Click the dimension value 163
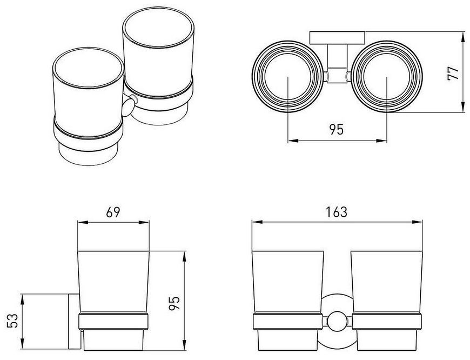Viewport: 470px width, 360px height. click(337, 212)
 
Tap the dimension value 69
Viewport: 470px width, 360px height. click(113, 212)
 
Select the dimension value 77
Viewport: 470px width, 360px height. click(453, 73)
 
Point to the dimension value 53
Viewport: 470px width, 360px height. click(12, 321)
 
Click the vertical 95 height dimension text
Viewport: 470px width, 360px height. click(174, 303)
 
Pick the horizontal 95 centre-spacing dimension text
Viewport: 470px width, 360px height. click(337, 130)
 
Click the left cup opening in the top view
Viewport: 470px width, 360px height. click(287, 77)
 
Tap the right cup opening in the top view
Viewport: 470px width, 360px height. click(387, 77)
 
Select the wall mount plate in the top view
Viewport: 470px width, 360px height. click(337, 37)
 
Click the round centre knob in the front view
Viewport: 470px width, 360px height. click(337, 323)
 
